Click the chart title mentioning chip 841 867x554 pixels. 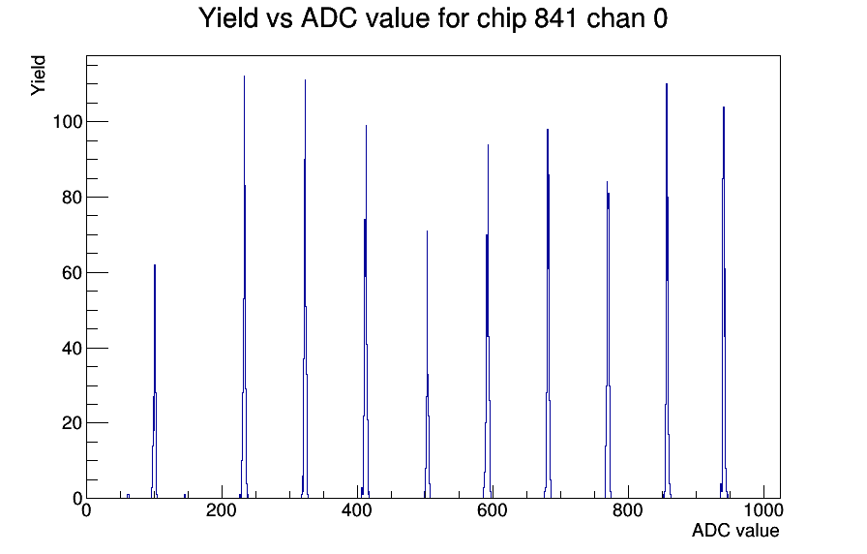(x=433, y=18)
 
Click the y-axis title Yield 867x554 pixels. (x=38, y=76)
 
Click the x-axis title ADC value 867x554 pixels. (x=735, y=530)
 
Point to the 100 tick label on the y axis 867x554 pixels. (x=67, y=122)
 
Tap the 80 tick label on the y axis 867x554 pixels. (x=72, y=198)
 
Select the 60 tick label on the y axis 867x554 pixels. (x=72, y=273)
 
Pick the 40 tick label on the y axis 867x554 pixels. (x=72, y=348)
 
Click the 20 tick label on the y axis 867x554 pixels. (x=72, y=423)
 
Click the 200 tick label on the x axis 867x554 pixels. (x=222, y=509)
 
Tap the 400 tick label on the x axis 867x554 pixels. (x=357, y=509)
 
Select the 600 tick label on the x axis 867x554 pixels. (x=493, y=509)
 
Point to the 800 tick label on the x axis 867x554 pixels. (x=628, y=509)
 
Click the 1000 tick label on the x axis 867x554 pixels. (x=763, y=509)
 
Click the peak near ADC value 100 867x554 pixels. (x=155, y=382)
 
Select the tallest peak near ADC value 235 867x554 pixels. (x=245, y=288)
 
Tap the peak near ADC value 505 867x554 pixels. (x=428, y=365)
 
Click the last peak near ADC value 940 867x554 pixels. (x=723, y=303)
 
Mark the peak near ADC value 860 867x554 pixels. (x=667, y=292)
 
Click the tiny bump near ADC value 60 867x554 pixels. (x=128, y=496)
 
